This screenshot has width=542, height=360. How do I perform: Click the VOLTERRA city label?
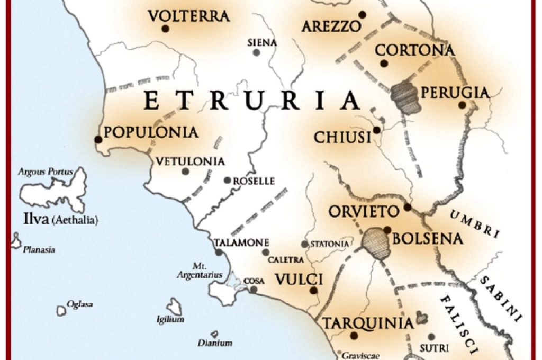(x=189, y=16)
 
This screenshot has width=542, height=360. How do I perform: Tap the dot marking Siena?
(x=256, y=52)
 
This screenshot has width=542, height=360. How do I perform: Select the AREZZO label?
(x=331, y=26)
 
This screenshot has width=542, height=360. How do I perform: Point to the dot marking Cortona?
(x=384, y=64)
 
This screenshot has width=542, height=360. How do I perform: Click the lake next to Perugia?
(x=406, y=98)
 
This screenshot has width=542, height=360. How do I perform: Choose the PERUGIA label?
(x=455, y=93)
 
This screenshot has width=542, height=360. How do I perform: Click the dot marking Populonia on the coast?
(x=98, y=139)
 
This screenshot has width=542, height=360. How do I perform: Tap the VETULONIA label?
(x=191, y=161)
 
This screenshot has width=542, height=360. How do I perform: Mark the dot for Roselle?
(x=227, y=181)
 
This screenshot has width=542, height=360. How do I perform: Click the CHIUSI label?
(x=342, y=138)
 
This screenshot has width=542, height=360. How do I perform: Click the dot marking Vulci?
(x=313, y=290)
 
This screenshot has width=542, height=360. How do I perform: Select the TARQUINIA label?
(x=368, y=323)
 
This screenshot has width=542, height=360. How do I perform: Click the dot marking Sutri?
(x=431, y=337)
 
